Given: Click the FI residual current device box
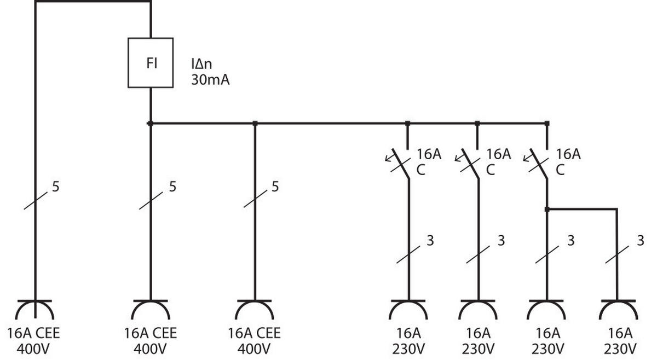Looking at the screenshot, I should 151,63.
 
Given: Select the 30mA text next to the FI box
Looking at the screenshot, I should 210,80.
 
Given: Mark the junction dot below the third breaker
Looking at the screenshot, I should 547,210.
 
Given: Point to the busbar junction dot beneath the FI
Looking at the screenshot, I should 151,124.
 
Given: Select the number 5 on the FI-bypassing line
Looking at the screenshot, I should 55,187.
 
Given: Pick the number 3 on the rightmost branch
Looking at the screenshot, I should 641,240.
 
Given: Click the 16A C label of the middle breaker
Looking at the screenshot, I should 498,161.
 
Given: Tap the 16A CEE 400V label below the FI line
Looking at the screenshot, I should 151,340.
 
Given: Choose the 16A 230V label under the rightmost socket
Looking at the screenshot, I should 620,340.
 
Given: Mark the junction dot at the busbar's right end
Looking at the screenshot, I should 547,124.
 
